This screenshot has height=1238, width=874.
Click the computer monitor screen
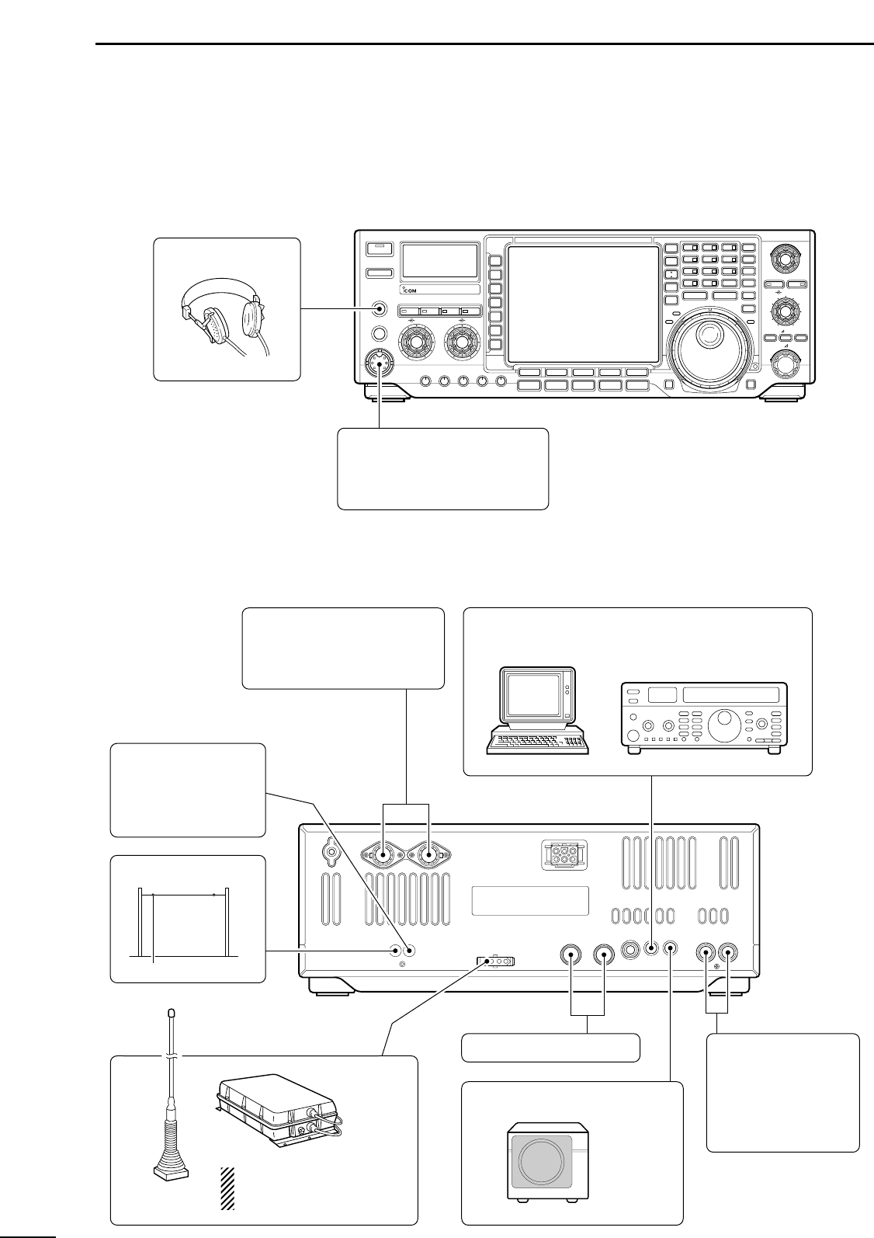pos(535,695)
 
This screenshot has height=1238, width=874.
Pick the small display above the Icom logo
pos(439,260)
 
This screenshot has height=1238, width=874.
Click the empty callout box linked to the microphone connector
pos(442,468)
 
